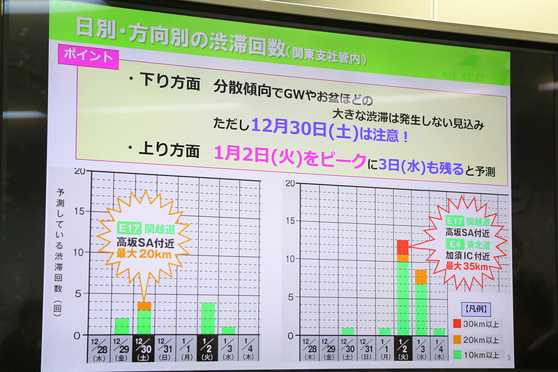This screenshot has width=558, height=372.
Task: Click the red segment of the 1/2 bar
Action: (402, 246)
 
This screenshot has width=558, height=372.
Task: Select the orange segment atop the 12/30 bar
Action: (144, 305)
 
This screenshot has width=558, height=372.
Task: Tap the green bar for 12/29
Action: (122, 325)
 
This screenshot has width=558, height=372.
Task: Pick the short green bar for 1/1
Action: (384, 331)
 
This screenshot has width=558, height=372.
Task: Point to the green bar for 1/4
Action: (439, 332)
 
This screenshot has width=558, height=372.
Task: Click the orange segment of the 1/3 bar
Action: (421, 276)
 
